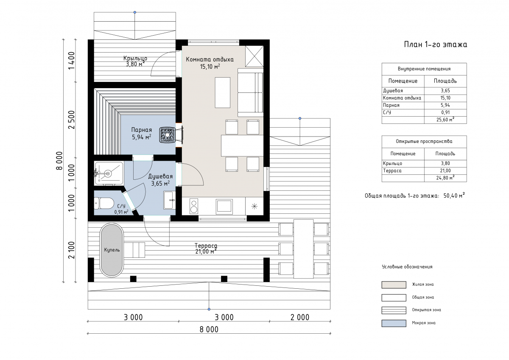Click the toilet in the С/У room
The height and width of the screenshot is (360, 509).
[x=104, y=203]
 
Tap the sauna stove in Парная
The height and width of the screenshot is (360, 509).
[x=168, y=135]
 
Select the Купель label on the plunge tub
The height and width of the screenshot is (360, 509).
[x=112, y=250]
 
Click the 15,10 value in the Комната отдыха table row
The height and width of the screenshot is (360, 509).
[x=445, y=98]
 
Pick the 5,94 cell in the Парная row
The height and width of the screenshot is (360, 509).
[x=445, y=105]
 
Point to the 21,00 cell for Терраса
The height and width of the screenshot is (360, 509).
[x=445, y=170]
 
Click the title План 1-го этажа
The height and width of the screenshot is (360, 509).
[x=435, y=45]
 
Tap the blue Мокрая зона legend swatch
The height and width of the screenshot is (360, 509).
[x=394, y=323]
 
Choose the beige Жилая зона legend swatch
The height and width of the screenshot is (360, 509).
[x=394, y=285]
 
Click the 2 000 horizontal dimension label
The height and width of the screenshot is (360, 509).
[x=300, y=317]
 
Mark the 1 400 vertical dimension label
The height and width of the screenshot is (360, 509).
[x=71, y=61]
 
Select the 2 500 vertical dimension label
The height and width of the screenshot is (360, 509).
[x=71, y=120]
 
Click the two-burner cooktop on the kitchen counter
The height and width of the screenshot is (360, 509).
[x=194, y=206]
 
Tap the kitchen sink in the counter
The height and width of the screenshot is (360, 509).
[x=224, y=207]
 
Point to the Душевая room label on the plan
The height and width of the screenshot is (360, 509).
[x=160, y=176]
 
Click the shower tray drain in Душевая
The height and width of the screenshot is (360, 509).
[x=108, y=174]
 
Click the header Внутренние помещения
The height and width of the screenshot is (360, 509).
[x=424, y=69]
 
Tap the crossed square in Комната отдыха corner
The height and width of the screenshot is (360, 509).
[x=254, y=56]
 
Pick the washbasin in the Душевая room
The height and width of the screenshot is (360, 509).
[x=169, y=200]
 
